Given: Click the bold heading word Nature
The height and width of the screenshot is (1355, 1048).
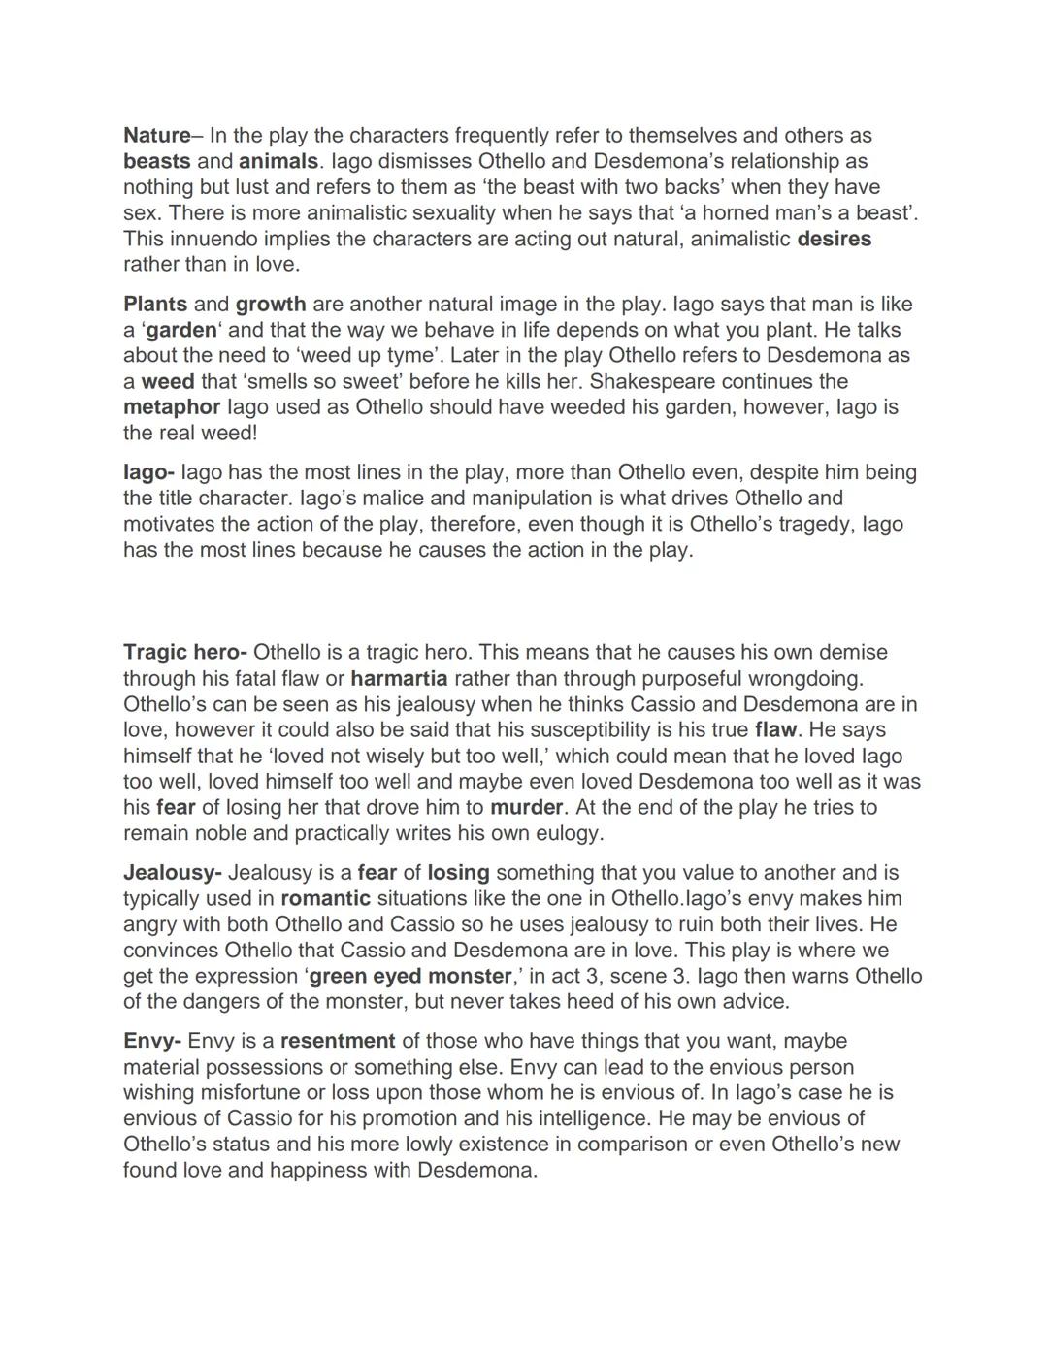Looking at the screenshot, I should [x=156, y=136].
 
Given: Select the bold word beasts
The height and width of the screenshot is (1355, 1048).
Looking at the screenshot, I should [x=156, y=161].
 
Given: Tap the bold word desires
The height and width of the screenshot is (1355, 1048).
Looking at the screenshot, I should [x=834, y=239].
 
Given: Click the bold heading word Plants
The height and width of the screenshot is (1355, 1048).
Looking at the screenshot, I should [x=155, y=305].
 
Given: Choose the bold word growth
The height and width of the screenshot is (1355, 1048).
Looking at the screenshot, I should [x=271, y=305].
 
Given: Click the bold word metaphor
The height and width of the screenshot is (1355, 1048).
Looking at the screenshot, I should [x=172, y=407].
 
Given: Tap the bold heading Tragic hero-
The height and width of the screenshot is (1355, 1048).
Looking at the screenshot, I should [x=185, y=653].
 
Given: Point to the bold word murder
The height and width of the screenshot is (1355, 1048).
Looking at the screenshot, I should [x=526, y=808].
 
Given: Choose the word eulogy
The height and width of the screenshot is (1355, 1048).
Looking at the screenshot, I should [x=569, y=833].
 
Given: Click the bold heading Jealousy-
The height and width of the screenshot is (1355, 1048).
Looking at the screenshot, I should [x=173, y=873].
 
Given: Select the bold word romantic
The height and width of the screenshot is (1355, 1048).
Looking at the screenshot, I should [x=326, y=899].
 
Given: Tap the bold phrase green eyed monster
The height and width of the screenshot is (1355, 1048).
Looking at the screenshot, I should [x=409, y=977].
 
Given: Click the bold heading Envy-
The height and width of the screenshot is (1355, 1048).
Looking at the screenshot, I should [x=152, y=1042].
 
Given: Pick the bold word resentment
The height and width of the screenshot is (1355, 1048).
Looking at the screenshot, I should [x=338, y=1042].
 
